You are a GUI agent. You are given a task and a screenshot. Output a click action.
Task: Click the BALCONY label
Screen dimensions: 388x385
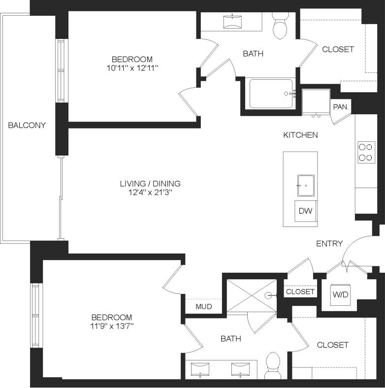[x=27, y=125]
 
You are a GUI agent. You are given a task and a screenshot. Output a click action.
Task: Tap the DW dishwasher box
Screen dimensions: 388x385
[x=305, y=211]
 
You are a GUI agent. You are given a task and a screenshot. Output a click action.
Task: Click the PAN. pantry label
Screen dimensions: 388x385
[x=341, y=106]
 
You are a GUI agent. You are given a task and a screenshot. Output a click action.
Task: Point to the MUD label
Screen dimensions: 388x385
[x=203, y=307]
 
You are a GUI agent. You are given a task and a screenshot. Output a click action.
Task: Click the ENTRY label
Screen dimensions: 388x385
[x=329, y=243]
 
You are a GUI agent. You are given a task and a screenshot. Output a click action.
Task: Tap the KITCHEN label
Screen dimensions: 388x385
[x=300, y=134]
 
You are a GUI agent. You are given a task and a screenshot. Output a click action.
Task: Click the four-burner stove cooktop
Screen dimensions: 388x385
[x=366, y=152]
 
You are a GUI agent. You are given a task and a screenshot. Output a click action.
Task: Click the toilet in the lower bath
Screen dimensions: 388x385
[x=272, y=365]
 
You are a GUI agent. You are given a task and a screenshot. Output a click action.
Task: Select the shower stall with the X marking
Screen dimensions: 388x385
[x=251, y=295]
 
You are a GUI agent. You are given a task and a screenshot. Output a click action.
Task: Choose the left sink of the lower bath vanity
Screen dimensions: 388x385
[x=201, y=368]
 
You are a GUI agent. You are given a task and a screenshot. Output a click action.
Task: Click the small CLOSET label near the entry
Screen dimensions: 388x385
[x=300, y=291]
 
